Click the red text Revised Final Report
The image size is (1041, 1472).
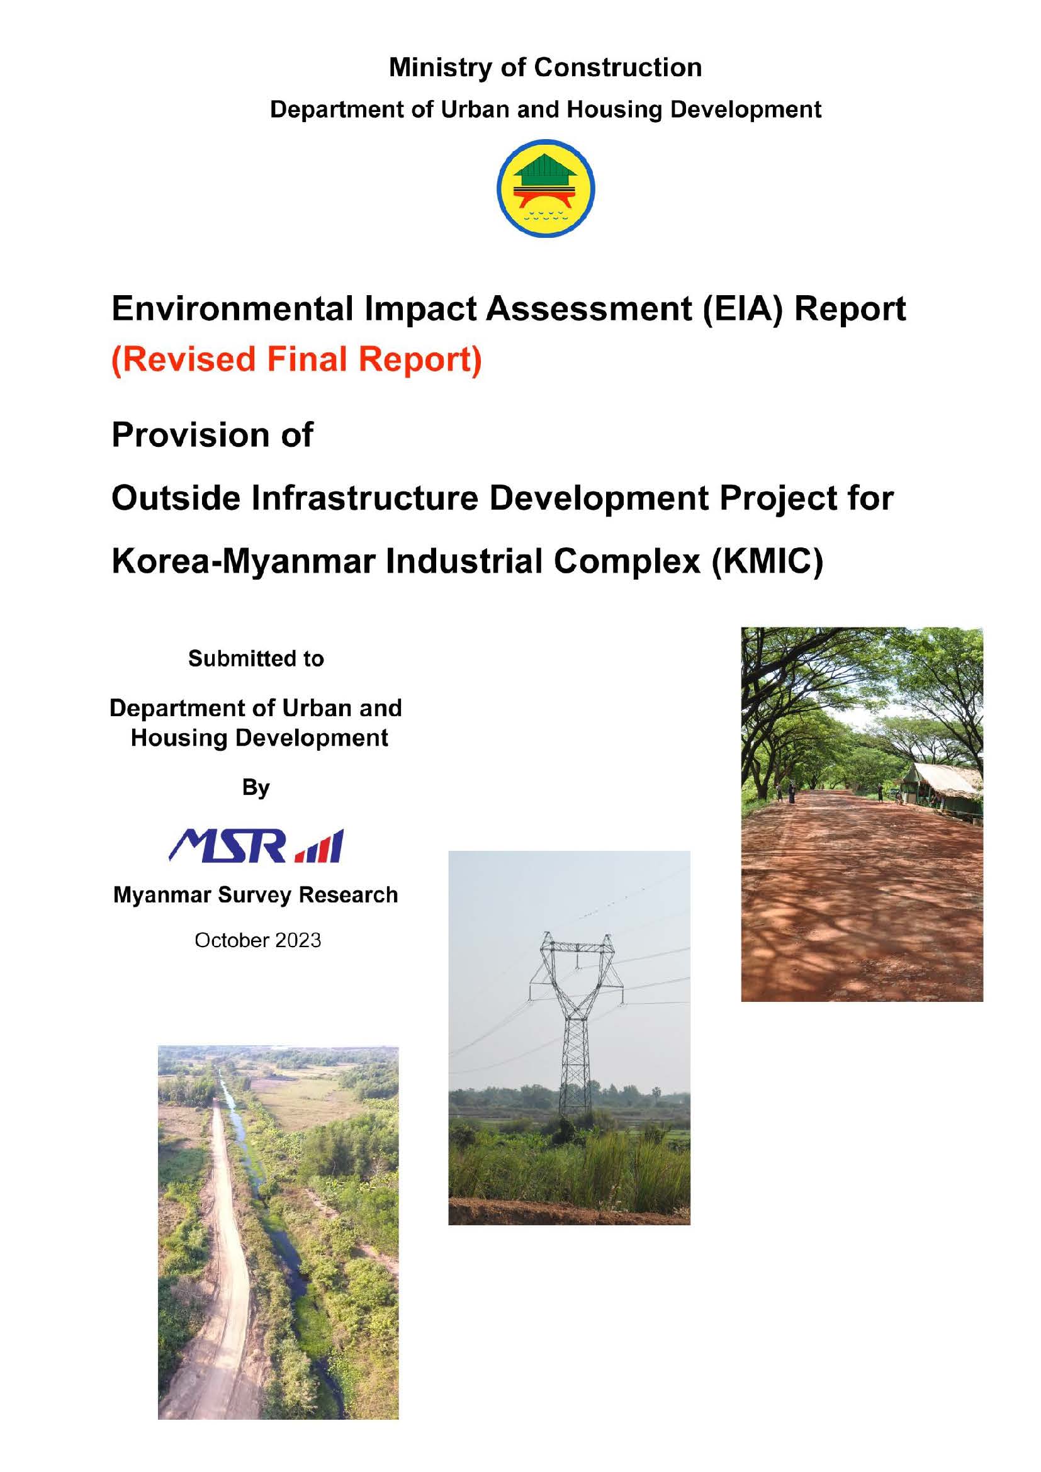click(297, 358)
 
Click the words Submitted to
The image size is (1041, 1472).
click(256, 658)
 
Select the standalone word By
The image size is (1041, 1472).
click(256, 787)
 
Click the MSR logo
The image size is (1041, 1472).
click(256, 846)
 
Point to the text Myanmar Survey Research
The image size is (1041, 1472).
click(256, 894)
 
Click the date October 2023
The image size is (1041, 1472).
click(257, 940)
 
